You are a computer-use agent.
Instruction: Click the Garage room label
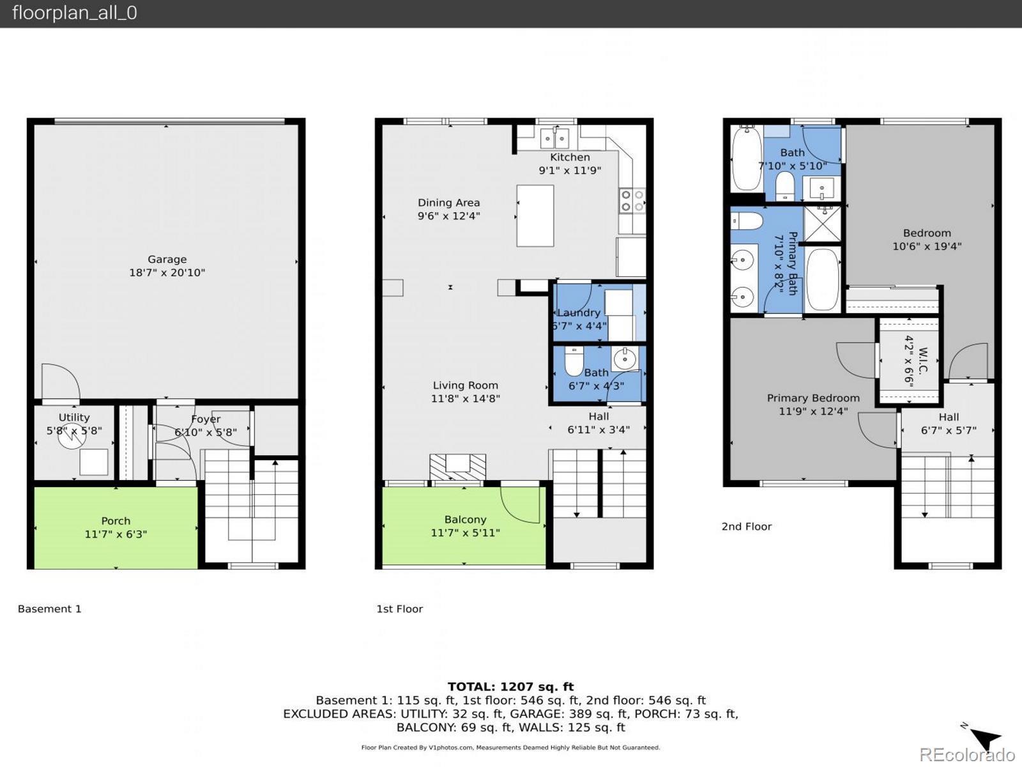(167, 260)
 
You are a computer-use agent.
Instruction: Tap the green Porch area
(116, 527)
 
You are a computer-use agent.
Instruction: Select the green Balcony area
(464, 526)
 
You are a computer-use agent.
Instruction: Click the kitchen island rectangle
(535, 215)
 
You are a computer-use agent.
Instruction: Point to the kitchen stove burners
(632, 201)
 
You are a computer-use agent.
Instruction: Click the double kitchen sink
(554, 138)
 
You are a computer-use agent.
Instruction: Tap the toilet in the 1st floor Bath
(574, 360)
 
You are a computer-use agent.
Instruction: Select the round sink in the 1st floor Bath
(625, 359)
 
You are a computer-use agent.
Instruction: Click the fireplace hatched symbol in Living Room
(457, 467)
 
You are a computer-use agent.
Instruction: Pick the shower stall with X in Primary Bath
(822, 224)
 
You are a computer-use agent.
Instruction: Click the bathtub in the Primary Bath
(822, 279)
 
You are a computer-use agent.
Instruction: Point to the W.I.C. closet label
(923, 360)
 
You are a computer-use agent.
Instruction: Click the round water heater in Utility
(72, 437)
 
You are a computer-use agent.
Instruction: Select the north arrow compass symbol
(983, 737)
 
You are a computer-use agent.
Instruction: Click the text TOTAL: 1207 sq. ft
(511, 686)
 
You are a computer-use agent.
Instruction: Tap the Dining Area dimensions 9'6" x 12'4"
(449, 215)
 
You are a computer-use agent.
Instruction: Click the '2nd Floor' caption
(746, 526)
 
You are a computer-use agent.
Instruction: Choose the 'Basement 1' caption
(49, 608)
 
